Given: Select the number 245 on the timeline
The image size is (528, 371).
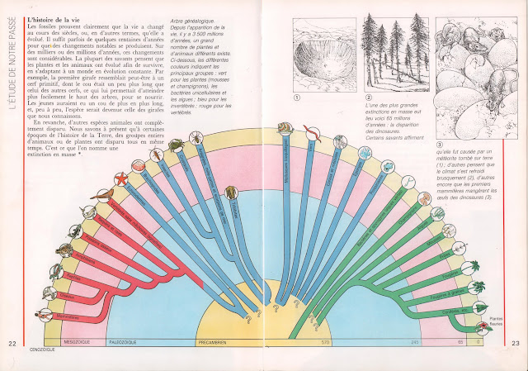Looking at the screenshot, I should coord(416,340).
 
